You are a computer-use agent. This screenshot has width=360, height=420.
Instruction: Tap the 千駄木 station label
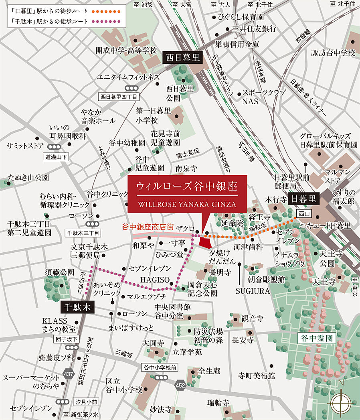coord(77,308)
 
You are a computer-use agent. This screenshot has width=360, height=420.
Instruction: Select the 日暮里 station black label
coord(303,198)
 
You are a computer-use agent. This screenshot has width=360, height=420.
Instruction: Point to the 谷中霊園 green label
coord(317,338)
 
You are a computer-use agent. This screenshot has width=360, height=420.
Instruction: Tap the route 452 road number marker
coord(180,386)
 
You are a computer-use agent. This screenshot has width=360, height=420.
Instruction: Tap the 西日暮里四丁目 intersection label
coord(119,97)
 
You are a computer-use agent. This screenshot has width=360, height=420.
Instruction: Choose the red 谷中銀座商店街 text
coord(148,227)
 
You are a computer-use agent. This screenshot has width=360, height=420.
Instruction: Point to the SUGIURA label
coord(253,291)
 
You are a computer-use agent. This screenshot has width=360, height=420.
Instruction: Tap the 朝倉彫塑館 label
coord(266,279)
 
